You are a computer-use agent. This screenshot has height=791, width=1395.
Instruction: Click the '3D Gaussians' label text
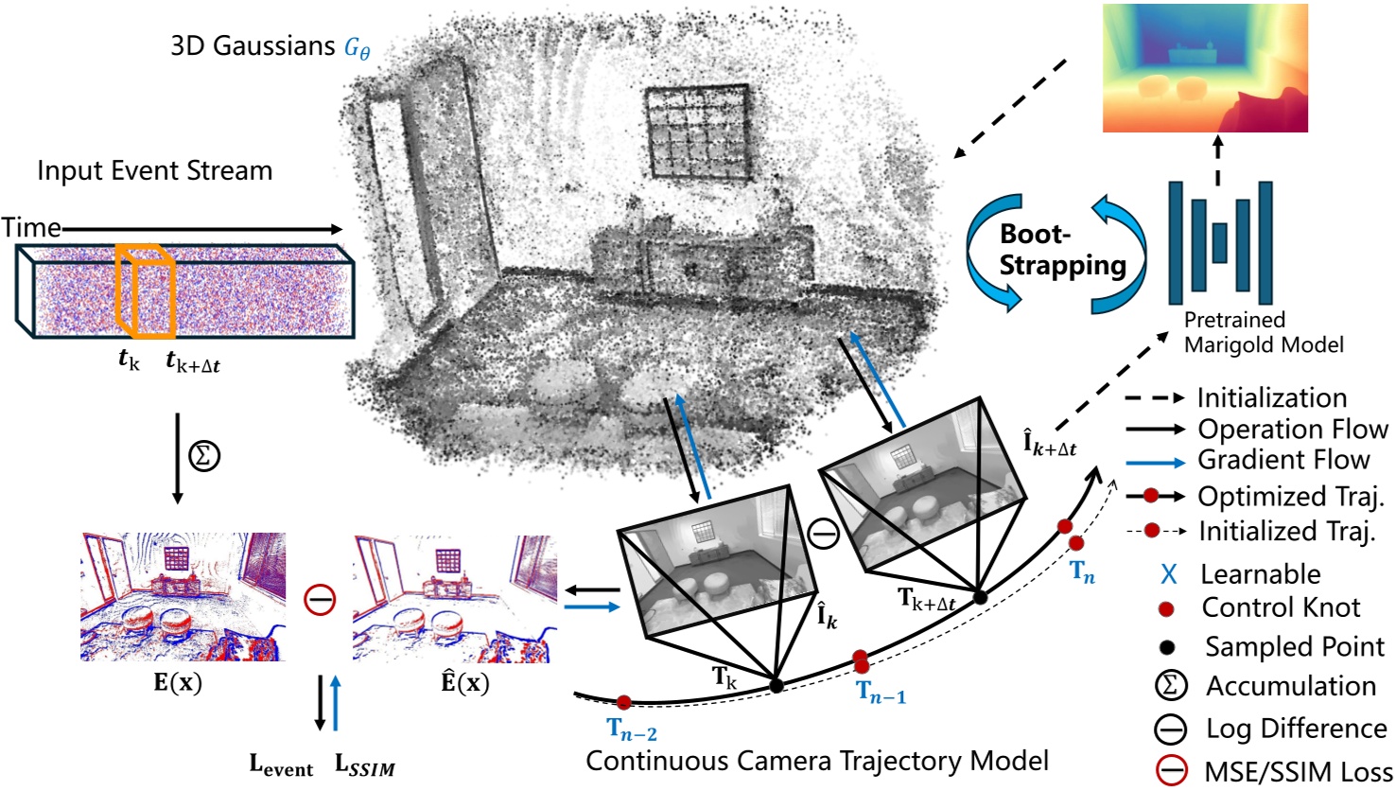pos(253,45)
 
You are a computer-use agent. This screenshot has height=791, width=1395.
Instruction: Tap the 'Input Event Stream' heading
pos(154,171)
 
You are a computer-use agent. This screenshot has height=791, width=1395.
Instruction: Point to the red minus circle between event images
pos(320,599)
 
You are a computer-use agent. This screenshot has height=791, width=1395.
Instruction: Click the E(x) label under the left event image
pos(178,682)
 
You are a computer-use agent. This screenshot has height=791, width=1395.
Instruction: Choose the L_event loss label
pos(281,766)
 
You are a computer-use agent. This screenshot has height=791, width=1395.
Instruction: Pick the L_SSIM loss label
pos(365,766)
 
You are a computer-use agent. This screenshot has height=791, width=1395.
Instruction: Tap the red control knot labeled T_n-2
pos(623,703)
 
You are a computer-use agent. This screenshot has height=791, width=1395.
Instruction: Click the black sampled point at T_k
pos(776,686)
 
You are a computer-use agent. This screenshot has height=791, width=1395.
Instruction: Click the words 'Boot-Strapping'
pos(1061,251)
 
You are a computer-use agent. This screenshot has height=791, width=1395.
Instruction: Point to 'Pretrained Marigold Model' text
pos(1263,332)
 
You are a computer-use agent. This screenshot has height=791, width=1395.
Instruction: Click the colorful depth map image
pos(1205,67)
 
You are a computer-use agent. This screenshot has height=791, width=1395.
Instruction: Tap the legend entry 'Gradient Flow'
pos(1283,460)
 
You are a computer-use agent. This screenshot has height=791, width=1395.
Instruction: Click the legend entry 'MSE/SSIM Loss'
pos(1298,771)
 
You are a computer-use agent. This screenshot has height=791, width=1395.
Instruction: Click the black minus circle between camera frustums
pos(824,535)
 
